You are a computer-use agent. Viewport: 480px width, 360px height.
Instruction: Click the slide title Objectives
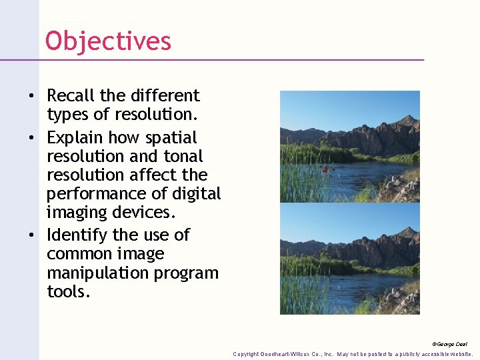[108, 41]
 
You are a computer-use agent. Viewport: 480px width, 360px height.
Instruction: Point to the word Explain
[75, 138]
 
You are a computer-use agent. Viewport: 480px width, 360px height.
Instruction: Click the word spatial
[172, 138]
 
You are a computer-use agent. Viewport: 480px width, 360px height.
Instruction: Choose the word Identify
[77, 235]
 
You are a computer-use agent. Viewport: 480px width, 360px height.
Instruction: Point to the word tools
[67, 292]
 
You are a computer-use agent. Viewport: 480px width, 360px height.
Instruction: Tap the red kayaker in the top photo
[325, 169]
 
